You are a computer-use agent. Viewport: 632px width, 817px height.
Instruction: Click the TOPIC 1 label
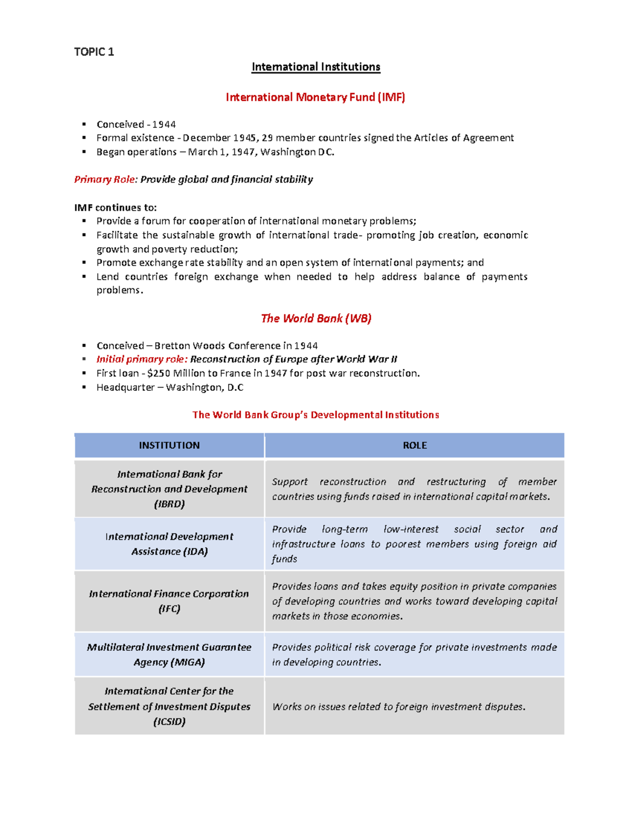tap(94, 52)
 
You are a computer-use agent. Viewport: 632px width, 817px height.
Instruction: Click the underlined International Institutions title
tap(315, 67)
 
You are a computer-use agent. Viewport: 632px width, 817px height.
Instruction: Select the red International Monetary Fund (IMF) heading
tap(315, 97)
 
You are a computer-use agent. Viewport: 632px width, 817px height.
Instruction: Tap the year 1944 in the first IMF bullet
tap(164, 125)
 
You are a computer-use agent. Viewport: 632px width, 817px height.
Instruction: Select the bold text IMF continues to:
tap(115, 207)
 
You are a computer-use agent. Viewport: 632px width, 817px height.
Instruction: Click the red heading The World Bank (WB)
tap(316, 318)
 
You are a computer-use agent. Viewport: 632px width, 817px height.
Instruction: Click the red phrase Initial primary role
tap(142, 359)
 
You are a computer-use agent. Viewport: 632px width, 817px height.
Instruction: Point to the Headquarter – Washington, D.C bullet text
tap(170, 388)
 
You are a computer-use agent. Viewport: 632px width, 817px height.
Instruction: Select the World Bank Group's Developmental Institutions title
tap(315, 415)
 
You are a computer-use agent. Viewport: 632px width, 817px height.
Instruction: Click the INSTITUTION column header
tap(169, 446)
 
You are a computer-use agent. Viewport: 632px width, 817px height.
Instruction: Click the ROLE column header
tap(414, 446)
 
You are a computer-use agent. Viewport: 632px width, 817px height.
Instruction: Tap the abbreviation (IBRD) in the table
tap(169, 504)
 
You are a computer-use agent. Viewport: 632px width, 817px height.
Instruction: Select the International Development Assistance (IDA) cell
tap(169, 544)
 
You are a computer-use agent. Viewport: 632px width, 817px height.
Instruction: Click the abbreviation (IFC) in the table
tap(169, 609)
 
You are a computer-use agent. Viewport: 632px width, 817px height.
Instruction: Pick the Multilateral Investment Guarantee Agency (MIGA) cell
tap(169, 654)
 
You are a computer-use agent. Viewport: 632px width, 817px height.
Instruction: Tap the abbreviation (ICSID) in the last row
tap(169, 722)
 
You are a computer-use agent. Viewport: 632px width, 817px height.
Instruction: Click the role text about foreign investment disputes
tap(399, 707)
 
